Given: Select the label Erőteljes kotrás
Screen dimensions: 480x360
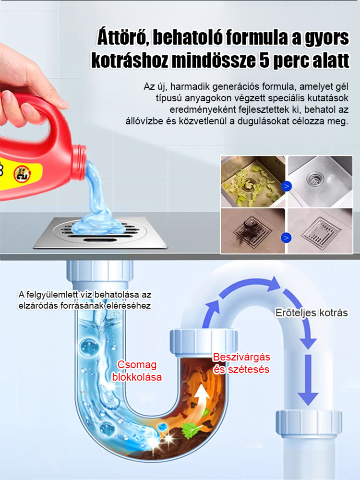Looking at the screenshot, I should tap(312, 312).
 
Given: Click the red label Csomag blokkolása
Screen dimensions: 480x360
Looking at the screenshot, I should tap(137, 371).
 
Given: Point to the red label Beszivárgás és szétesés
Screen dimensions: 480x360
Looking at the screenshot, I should tap(241, 363).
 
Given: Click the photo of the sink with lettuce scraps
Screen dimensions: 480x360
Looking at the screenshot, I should tap(252, 181).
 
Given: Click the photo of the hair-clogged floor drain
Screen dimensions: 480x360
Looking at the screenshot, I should tap(252, 231).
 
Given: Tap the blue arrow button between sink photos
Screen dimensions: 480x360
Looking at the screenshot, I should tap(287, 185).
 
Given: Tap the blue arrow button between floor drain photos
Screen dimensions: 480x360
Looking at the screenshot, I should tap(287, 237).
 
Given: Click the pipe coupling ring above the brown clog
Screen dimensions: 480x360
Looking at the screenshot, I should tap(203, 340).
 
